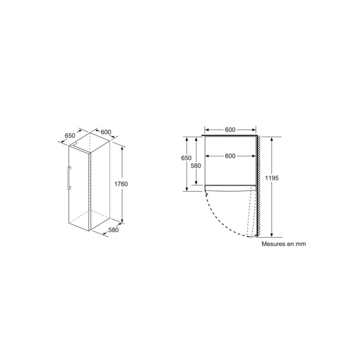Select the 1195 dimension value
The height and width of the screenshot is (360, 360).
click(x=272, y=178)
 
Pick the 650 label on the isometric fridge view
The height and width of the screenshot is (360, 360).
click(x=70, y=136)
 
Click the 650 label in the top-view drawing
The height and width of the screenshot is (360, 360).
click(x=186, y=158)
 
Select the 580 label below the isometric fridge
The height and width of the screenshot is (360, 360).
click(x=113, y=230)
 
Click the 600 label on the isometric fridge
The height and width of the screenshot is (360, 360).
click(x=106, y=132)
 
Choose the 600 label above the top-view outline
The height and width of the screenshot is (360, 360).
click(x=230, y=130)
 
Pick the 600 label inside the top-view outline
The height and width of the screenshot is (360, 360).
click(x=230, y=156)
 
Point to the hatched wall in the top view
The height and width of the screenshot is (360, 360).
click(x=258, y=186)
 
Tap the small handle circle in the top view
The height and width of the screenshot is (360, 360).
click(x=207, y=194)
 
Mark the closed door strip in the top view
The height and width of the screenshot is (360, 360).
click(x=230, y=188)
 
